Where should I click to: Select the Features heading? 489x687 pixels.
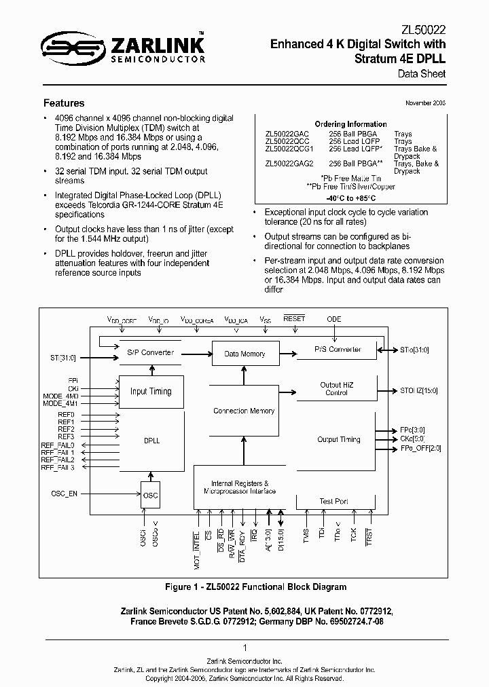coord(64,103)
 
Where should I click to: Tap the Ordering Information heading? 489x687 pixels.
coord(351,124)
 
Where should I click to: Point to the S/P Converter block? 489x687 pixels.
coord(151,352)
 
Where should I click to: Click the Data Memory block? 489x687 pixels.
coord(244,354)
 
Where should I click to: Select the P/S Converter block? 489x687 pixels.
coord(338,349)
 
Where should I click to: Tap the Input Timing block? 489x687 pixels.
coord(151,391)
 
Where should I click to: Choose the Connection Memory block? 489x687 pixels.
coord(244,411)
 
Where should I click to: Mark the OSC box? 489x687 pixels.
coord(150,495)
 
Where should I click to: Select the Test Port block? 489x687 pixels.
coord(333,502)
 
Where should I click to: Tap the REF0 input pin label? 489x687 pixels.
coord(66,415)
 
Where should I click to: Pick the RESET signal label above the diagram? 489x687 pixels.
coord(294,318)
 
